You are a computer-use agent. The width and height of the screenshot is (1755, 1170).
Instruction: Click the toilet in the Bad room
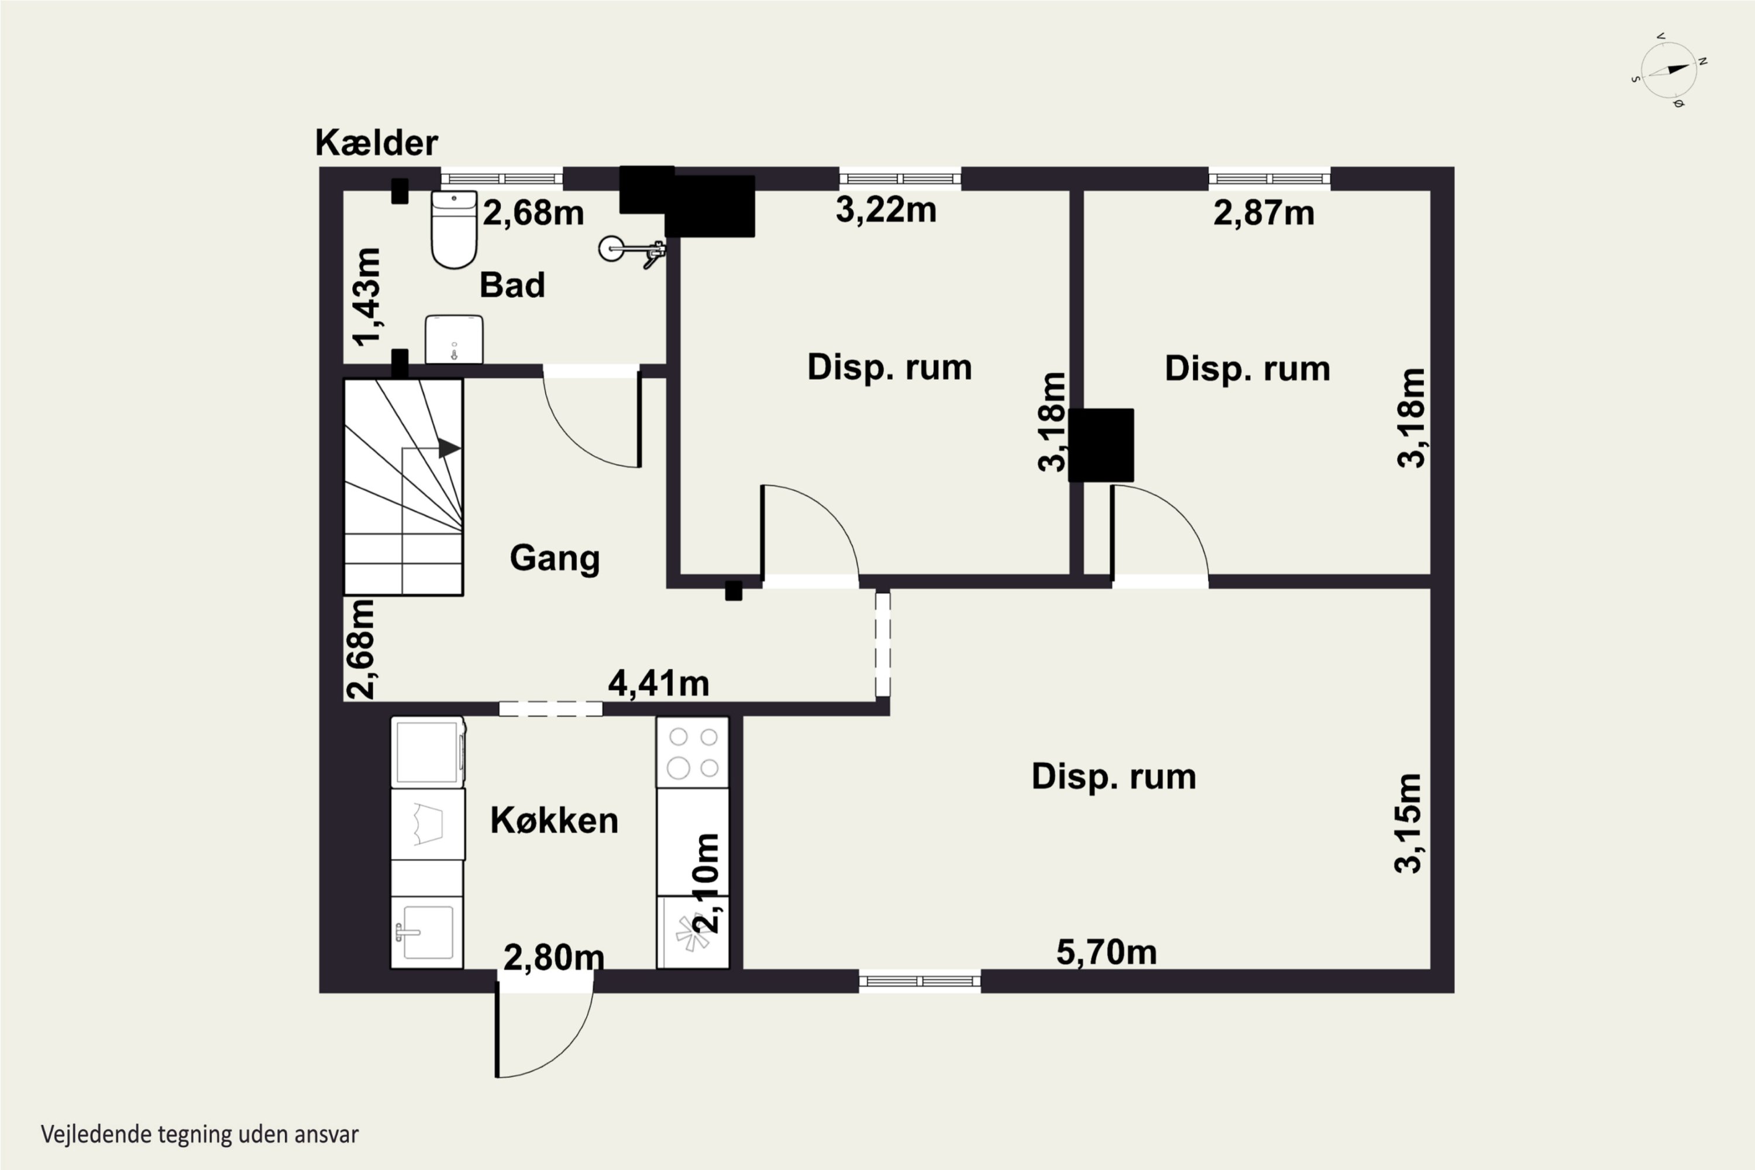coord(454,229)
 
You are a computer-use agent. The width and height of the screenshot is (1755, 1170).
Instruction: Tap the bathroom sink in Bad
coord(454,339)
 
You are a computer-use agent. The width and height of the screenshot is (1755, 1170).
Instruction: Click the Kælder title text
coord(376,143)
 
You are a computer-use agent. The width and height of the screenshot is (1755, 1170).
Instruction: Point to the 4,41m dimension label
coord(658,683)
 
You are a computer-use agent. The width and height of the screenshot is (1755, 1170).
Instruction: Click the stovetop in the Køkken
coord(693,752)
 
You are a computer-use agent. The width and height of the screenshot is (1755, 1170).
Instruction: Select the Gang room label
coord(555,558)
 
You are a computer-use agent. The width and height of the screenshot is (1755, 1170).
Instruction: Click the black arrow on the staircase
coord(449,449)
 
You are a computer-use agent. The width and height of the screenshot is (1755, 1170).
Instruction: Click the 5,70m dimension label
coord(1107,952)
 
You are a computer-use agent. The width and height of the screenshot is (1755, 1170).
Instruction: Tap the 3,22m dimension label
coord(886,209)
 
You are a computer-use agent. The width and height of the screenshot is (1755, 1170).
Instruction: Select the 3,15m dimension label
coord(1409,823)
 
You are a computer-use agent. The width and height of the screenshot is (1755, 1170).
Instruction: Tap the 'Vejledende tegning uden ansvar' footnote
coord(200,1135)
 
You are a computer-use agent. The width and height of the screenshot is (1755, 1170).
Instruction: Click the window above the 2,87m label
coord(1269,178)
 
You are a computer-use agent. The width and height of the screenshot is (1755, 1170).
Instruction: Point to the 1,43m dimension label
coord(367,297)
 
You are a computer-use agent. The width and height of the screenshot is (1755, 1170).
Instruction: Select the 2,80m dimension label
coord(553,957)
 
